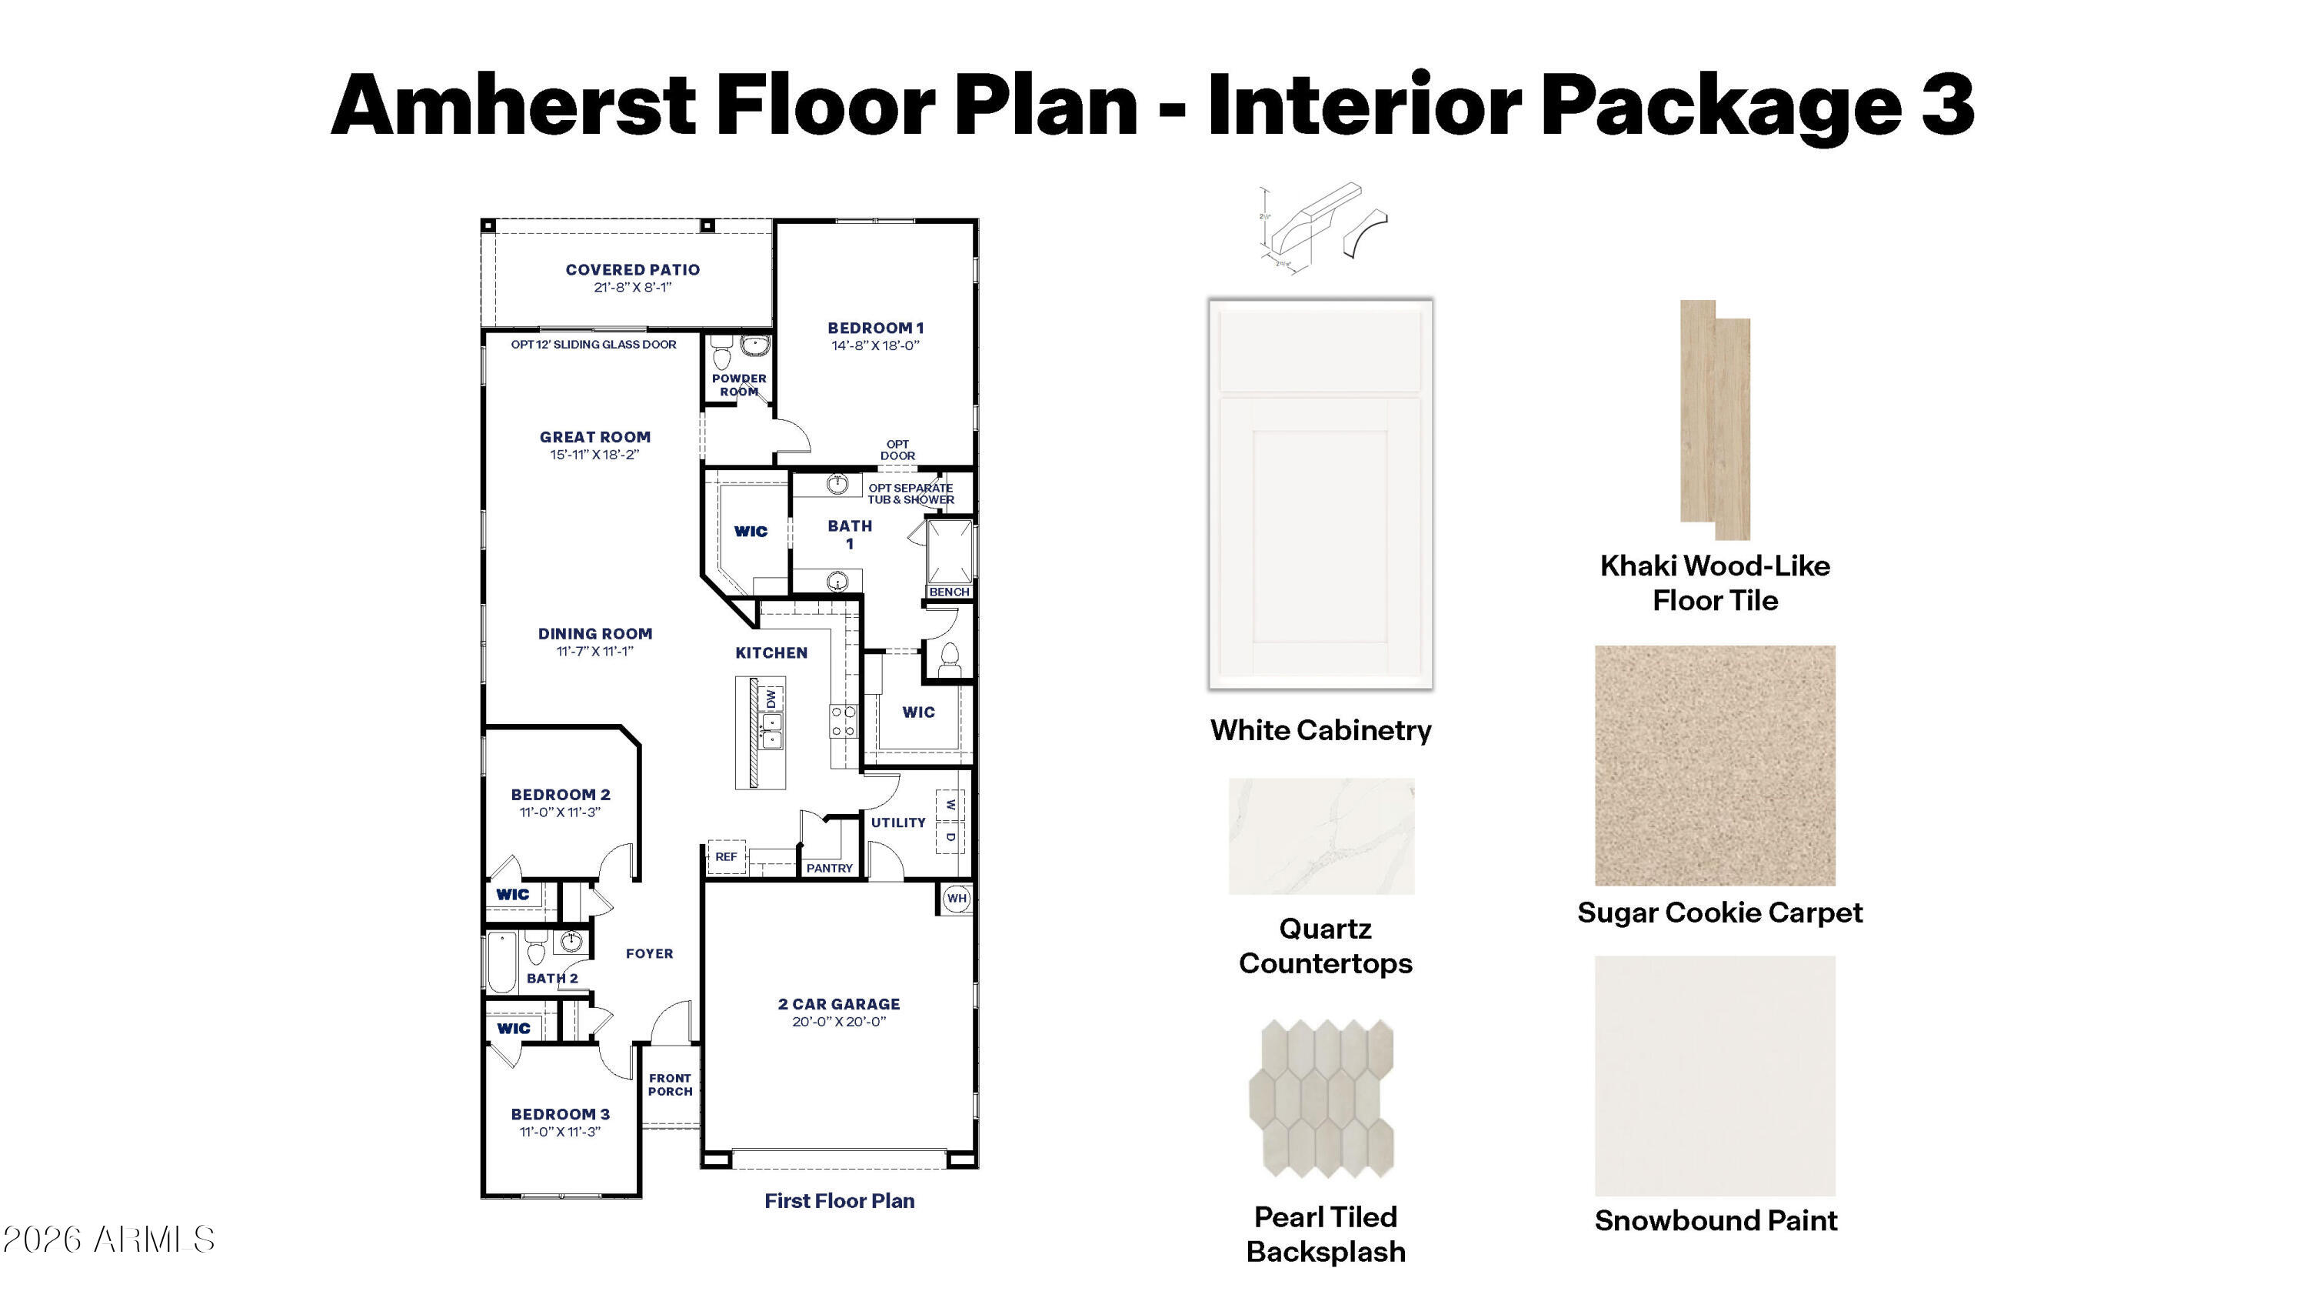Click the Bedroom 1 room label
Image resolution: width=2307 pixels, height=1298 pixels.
(x=875, y=328)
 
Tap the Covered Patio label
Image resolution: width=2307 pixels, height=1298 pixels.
(x=632, y=269)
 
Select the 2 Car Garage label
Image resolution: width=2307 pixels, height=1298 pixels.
(x=839, y=1004)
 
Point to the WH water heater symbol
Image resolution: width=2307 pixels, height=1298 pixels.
(x=957, y=899)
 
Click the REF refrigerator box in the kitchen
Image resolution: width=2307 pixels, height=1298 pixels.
(x=725, y=857)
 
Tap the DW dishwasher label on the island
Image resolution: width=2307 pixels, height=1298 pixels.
(x=772, y=698)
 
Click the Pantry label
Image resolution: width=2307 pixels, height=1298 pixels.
(x=829, y=868)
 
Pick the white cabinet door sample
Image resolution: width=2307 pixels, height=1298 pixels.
(x=1320, y=494)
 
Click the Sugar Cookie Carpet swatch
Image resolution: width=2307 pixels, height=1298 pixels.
(x=1715, y=765)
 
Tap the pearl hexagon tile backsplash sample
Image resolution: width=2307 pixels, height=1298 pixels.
(x=1321, y=1098)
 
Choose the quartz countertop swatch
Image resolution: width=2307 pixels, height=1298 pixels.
(x=1321, y=836)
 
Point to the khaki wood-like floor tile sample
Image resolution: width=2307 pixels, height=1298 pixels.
(x=1715, y=419)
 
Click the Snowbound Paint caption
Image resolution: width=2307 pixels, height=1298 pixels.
(x=1716, y=1221)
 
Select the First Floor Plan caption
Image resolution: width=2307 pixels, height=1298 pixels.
(x=839, y=1201)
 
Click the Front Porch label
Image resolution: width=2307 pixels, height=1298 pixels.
(x=670, y=1085)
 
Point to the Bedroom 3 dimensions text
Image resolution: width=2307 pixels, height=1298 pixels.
(x=560, y=1131)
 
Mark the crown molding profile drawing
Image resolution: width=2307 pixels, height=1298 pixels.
(x=1321, y=225)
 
